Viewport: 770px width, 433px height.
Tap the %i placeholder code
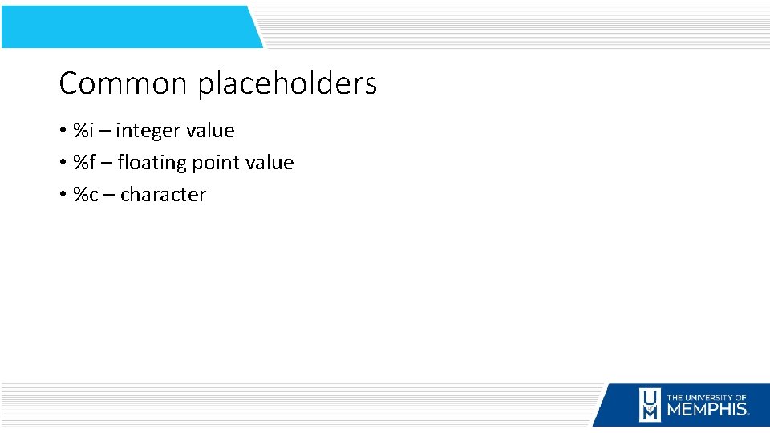[83, 130]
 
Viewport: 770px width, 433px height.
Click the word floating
[151, 163]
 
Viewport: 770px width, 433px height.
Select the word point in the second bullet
[215, 164]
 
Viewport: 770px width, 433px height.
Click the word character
[163, 195]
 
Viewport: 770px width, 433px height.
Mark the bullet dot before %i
[63, 131]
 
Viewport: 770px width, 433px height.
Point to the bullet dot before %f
[63, 163]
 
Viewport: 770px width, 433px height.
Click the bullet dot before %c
[63, 195]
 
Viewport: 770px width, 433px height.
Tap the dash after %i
[105, 131]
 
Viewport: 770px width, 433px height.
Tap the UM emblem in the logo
[649, 405]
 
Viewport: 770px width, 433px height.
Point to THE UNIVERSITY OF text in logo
[707, 396]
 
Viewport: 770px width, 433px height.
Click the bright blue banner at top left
[128, 26]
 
